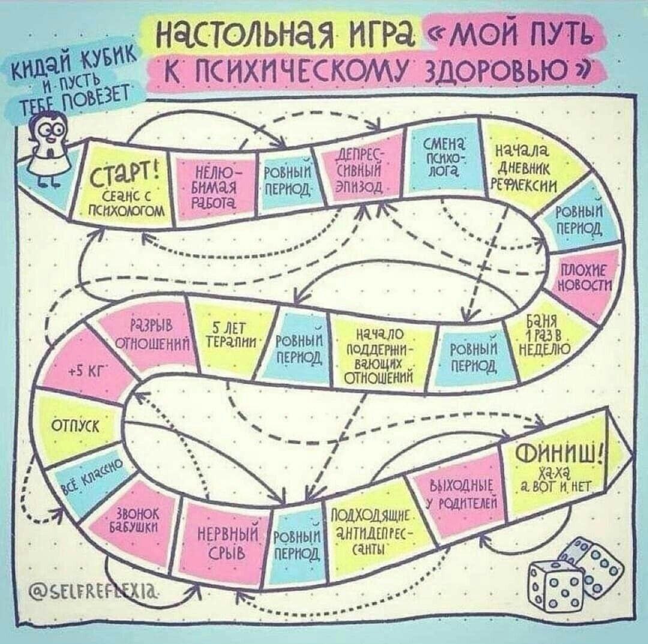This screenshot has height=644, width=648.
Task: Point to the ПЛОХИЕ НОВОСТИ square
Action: [x=582, y=277]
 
